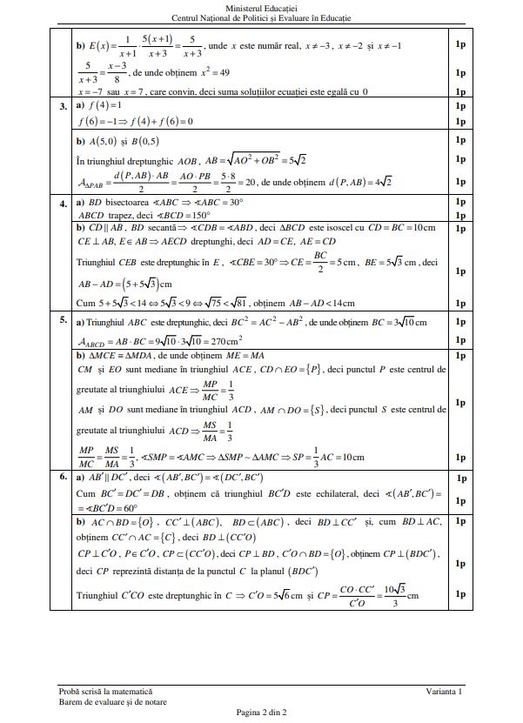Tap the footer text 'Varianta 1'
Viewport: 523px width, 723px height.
pos(445,691)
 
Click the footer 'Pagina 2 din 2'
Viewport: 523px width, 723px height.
pos(261,712)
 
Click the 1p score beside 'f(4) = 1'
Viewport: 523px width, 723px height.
pos(459,106)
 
